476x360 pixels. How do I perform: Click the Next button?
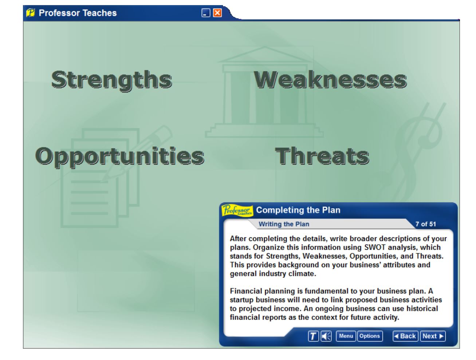(x=433, y=336)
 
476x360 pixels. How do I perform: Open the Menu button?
(x=346, y=336)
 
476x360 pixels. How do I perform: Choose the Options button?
(x=369, y=336)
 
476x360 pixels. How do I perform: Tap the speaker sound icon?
(x=326, y=336)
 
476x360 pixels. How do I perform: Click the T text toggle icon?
(x=313, y=336)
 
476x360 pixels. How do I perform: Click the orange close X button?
(x=217, y=13)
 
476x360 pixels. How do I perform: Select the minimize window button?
(x=206, y=13)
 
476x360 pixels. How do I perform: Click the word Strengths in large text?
(x=111, y=80)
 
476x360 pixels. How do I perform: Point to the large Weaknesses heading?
(x=330, y=80)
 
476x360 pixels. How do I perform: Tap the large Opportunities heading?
(x=119, y=156)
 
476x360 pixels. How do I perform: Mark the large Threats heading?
(x=322, y=156)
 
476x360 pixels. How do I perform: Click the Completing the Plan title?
(x=298, y=210)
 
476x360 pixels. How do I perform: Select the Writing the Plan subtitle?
(x=284, y=224)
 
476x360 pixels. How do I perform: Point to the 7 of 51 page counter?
(x=425, y=224)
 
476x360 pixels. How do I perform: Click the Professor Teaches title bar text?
(x=78, y=13)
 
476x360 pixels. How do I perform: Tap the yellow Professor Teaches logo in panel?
(x=237, y=210)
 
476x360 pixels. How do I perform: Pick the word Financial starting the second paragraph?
(x=244, y=291)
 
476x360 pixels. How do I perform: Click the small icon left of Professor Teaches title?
(x=31, y=13)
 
